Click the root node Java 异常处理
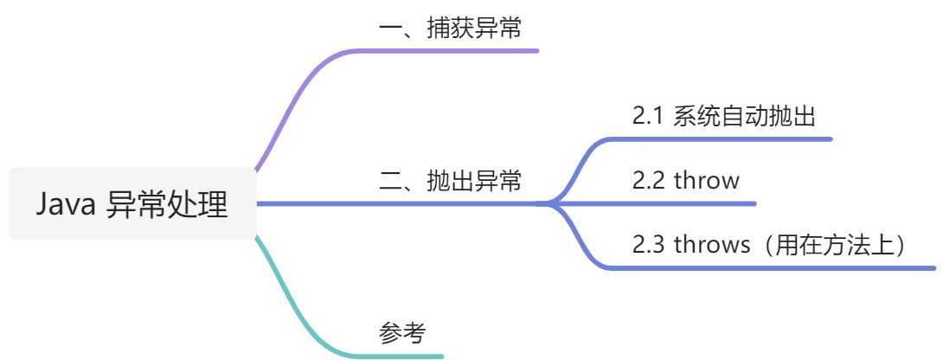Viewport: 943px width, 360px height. pyautogui.click(x=132, y=204)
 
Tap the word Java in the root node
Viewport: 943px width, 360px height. pyautogui.click(x=66, y=205)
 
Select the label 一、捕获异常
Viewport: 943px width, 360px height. pyautogui.click(x=450, y=29)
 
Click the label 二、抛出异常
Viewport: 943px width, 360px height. pyautogui.click(x=450, y=182)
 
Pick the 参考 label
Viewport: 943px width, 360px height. pyautogui.click(x=402, y=332)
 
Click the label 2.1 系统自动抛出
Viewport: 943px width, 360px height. pyautogui.click(x=723, y=116)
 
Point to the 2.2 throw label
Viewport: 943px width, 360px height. pyautogui.click(x=685, y=180)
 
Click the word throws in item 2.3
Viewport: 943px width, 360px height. pyautogui.click(x=712, y=245)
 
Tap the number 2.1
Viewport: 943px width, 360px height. pyautogui.click(x=648, y=116)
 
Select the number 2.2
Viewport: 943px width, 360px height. pyautogui.click(x=648, y=180)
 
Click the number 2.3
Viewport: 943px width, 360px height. pyautogui.click(x=648, y=245)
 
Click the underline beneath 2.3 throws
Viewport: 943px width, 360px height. pyautogui.click(x=779, y=267)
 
